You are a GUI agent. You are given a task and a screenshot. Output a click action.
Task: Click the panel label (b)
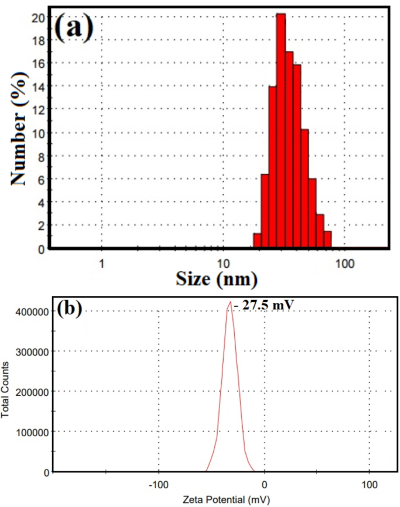[69, 311]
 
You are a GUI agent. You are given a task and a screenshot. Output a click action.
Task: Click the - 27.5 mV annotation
[260, 304]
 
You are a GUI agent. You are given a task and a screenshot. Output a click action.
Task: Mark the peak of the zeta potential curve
[230, 303]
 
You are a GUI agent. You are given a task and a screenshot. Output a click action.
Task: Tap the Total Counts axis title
[5, 391]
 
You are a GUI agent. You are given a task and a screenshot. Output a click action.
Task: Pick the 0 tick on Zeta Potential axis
[264, 484]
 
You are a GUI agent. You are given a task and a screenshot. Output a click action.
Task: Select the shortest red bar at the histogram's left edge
[257, 240]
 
